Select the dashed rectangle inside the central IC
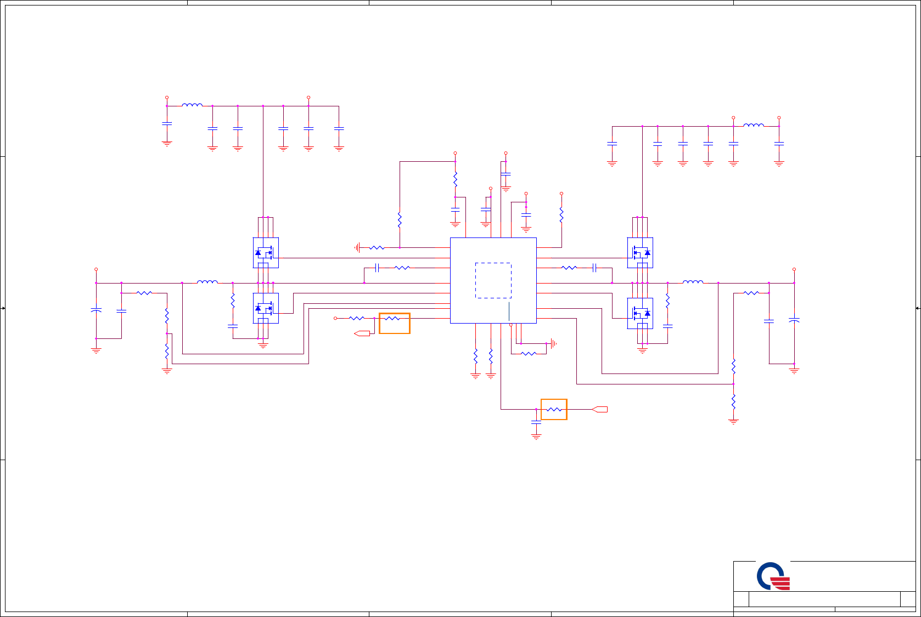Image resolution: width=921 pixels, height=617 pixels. tap(493, 280)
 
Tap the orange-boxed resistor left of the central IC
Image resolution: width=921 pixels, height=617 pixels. tap(394, 323)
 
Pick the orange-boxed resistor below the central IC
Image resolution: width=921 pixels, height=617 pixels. tap(554, 409)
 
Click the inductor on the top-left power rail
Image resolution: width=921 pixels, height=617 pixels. tap(192, 105)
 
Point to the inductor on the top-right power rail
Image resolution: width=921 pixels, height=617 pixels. tap(754, 125)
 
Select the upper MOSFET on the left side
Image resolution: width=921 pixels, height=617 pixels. tap(266, 253)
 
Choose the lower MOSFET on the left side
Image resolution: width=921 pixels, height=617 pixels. tap(266, 308)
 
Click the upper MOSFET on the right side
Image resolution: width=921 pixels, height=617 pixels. tap(640, 253)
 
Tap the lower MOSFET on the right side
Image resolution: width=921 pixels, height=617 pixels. tap(640, 313)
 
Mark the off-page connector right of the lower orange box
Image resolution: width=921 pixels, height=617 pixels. tap(600, 409)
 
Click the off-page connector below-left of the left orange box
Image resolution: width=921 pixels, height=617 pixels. tap(362, 333)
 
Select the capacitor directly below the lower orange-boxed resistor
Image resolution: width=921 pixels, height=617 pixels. tap(536, 422)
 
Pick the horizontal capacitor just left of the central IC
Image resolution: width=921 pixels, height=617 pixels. tap(377, 268)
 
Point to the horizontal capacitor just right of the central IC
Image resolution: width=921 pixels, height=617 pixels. tap(594, 268)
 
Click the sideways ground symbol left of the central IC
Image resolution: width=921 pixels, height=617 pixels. tap(357, 248)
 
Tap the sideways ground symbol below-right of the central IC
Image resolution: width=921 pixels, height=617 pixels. tap(553, 344)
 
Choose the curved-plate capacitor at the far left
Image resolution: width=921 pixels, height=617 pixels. tap(96, 310)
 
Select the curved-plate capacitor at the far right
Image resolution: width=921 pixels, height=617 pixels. tap(794, 320)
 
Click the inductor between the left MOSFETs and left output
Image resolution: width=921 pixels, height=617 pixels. tap(207, 282)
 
